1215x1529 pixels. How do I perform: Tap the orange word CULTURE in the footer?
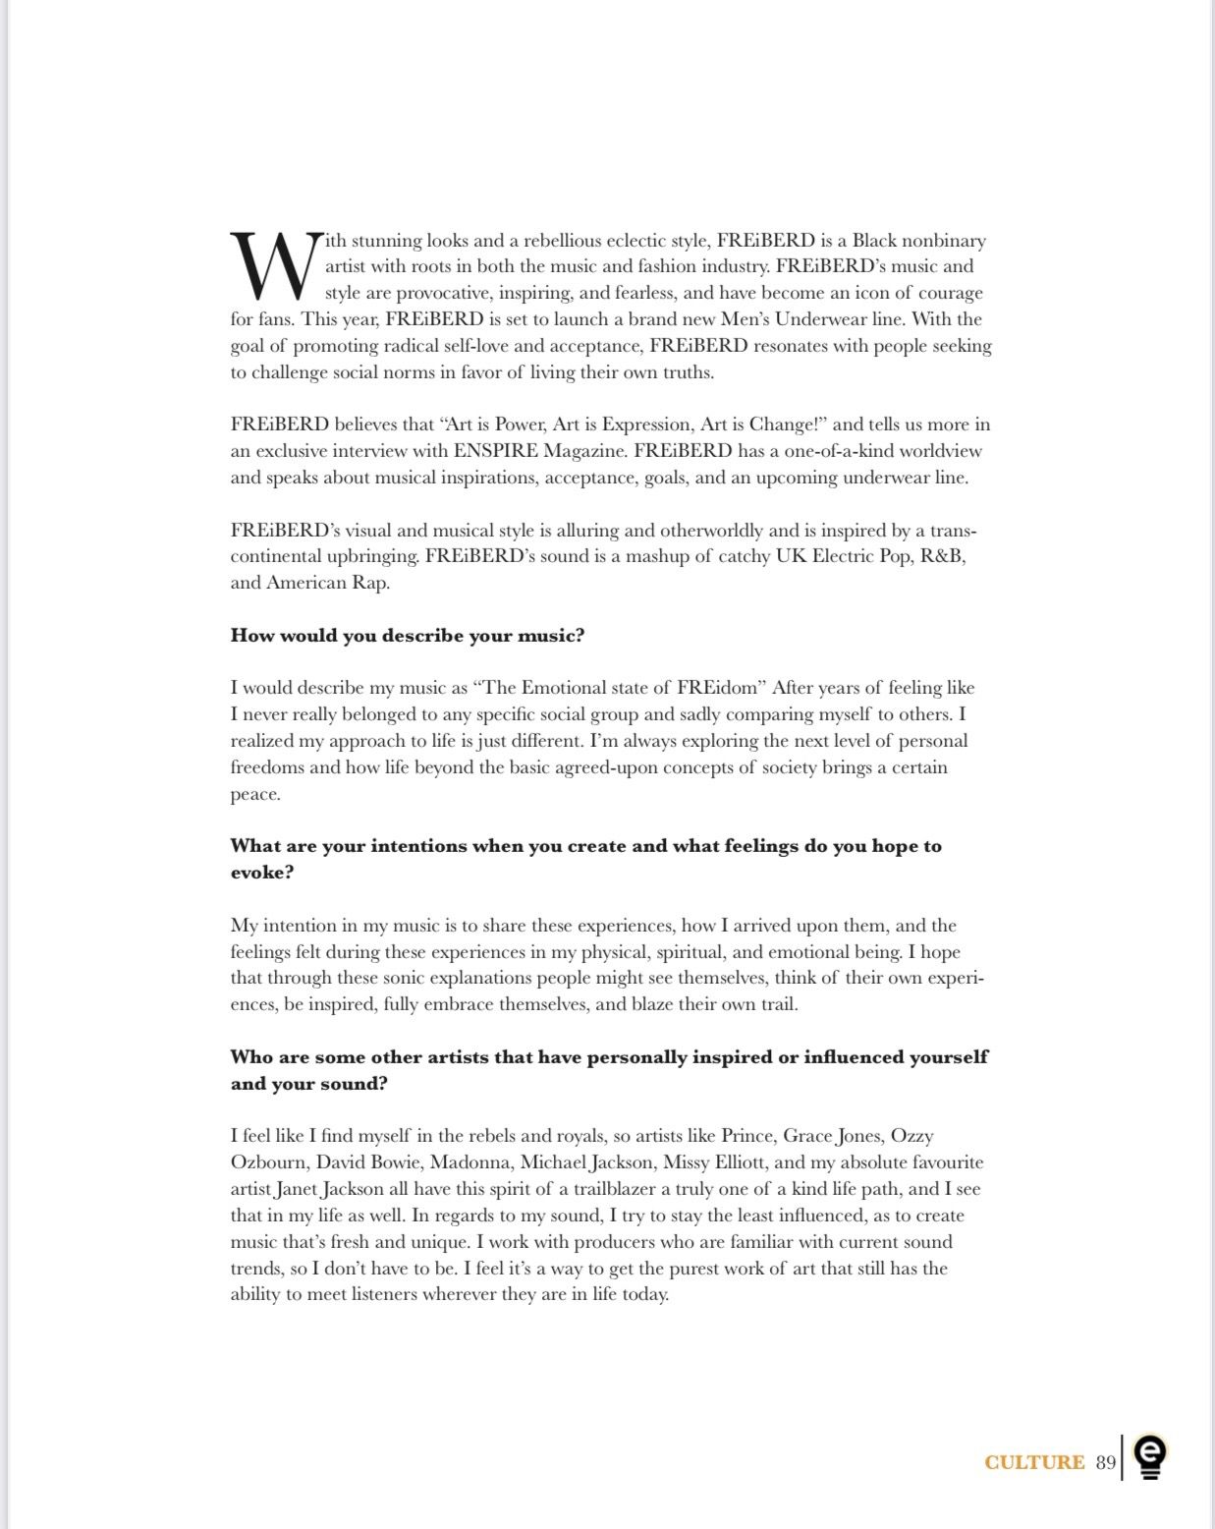(1034, 1462)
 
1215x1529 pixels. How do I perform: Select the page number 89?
(1106, 1462)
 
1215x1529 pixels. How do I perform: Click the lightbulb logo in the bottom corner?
(1149, 1457)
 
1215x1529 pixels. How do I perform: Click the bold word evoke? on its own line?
(261, 873)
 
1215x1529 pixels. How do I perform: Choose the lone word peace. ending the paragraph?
(255, 794)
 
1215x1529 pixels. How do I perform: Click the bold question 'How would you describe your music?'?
(407, 636)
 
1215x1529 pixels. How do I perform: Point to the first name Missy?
(687, 1162)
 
